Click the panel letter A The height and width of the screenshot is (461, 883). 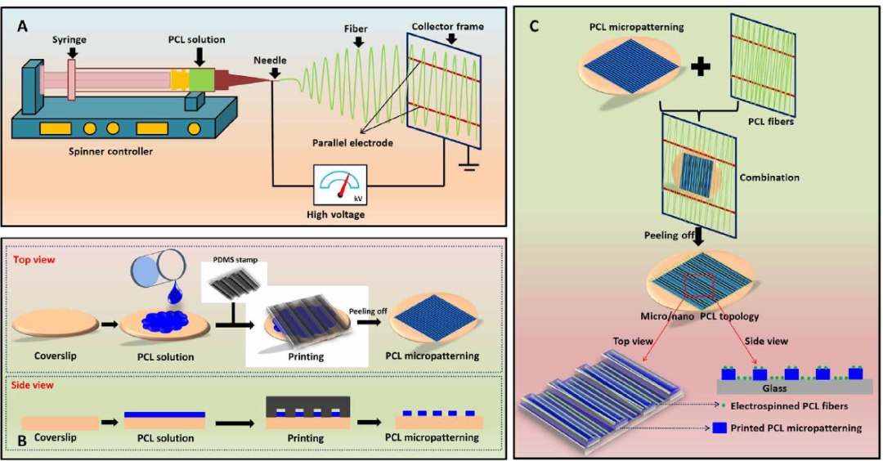click(23, 26)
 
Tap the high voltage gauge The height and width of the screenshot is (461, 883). click(340, 185)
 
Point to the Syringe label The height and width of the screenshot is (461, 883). click(69, 39)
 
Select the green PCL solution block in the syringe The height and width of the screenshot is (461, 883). click(201, 78)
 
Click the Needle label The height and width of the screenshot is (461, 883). click(270, 60)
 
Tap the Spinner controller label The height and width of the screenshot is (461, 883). click(110, 151)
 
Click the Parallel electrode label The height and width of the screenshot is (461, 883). click(352, 143)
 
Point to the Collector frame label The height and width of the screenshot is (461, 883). click(448, 26)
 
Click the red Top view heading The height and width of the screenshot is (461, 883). click(34, 260)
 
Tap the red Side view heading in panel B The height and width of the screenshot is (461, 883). click(33, 385)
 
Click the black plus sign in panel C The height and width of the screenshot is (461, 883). click(701, 67)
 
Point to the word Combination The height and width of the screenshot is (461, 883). click(769, 177)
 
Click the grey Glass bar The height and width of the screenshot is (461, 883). click(794, 387)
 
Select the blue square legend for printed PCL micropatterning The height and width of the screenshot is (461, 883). click(719, 427)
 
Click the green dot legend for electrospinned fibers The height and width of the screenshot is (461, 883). click(723, 405)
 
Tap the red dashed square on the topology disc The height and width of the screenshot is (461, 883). click(698, 286)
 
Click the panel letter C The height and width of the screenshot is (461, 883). click(533, 26)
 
